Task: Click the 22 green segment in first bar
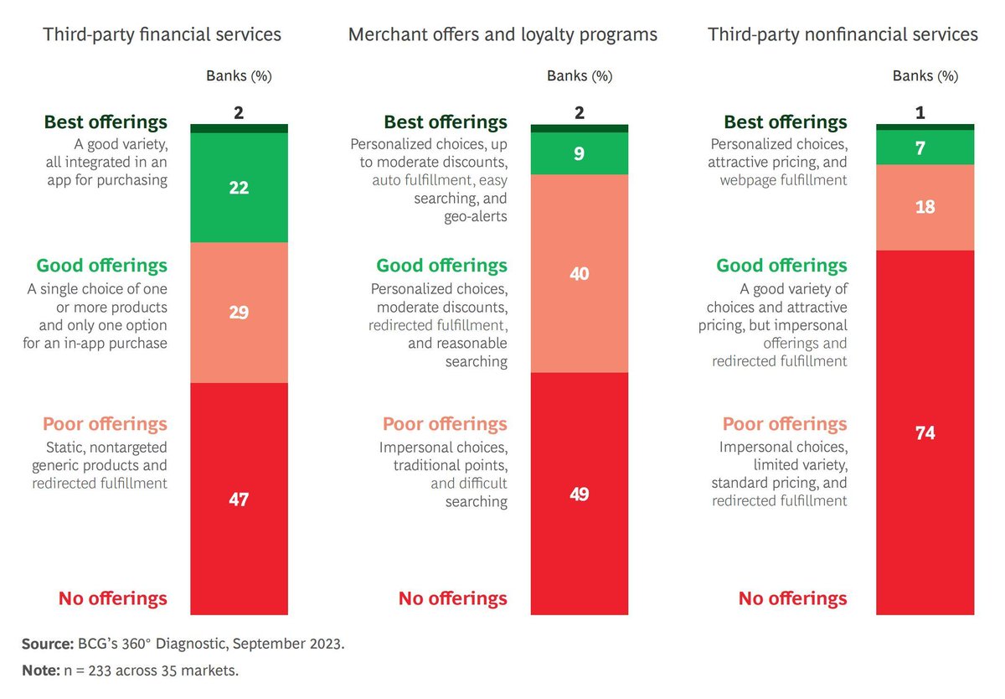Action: tap(239, 188)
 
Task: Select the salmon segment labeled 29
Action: tap(239, 312)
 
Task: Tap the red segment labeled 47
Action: tap(239, 500)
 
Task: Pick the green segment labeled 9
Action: tap(580, 153)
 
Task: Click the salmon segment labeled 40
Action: tap(580, 273)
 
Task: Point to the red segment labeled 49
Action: tap(580, 494)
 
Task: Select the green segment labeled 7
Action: tap(925, 148)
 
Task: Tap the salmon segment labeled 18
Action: tap(925, 207)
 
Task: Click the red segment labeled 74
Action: tap(925, 432)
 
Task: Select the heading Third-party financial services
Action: tap(162, 34)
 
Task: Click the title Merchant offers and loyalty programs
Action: tap(502, 34)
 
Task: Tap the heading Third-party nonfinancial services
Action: tap(843, 34)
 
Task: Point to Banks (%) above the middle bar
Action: tap(580, 75)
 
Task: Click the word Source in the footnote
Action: tap(44, 645)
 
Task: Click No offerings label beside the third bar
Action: tap(792, 598)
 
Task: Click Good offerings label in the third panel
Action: tap(781, 266)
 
